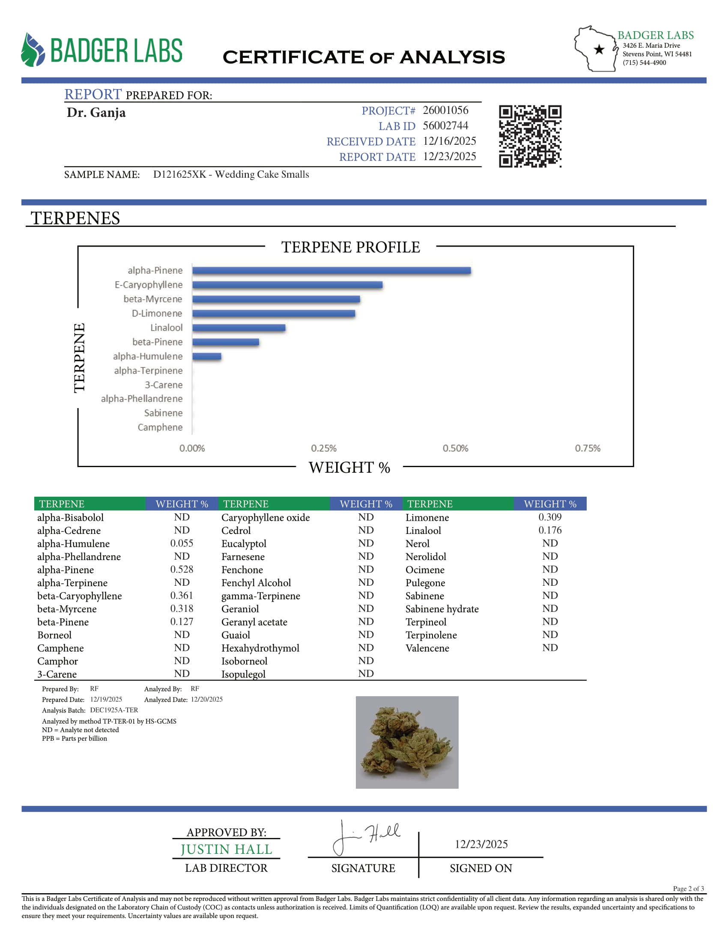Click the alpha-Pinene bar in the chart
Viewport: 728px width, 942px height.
point(331,271)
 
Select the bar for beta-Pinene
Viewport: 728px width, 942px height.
point(226,342)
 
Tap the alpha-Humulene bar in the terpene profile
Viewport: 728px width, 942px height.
point(206,356)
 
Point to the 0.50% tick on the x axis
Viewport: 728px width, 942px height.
point(455,448)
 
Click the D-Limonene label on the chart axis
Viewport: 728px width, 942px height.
point(157,313)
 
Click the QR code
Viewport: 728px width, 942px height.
point(530,136)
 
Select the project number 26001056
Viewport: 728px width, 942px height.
point(445,110)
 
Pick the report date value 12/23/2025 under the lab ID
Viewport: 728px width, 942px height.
point(449,157)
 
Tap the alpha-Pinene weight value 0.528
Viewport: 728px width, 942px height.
point(182,569)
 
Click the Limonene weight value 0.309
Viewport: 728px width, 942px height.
point(550,517)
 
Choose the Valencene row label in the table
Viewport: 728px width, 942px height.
point(427,648)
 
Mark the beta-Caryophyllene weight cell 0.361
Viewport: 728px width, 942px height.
point(182,596)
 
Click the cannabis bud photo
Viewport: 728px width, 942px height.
point(407,742)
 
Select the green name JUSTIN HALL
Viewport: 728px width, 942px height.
point(226,849)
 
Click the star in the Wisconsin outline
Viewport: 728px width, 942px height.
point(599,50)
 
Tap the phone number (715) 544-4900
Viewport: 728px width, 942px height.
point(644,63)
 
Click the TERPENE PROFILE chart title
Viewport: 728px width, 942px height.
point(351,247)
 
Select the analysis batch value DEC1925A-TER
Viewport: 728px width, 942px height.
point(114,710)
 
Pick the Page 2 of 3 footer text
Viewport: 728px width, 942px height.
point(688,888)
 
